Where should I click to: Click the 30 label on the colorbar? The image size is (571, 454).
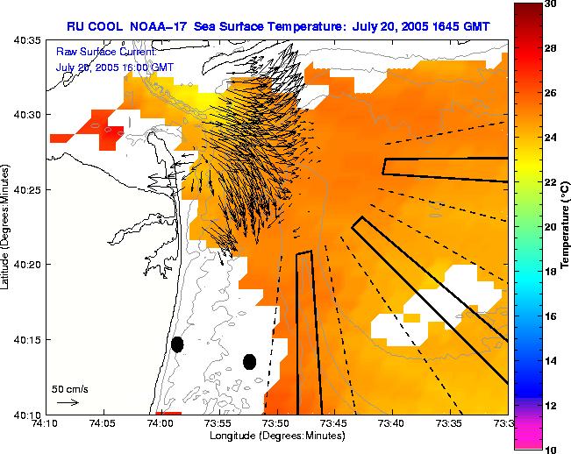coord(551,4)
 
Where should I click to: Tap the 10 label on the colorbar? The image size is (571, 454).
coord(551,450)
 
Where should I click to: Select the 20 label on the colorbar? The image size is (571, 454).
coord(551,227)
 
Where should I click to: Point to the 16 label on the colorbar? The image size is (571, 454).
coord(551,316)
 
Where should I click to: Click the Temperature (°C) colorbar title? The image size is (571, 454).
coord(567,226)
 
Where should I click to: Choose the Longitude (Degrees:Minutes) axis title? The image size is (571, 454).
coord(277,436)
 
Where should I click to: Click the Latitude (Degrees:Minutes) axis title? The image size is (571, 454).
coord(7,227)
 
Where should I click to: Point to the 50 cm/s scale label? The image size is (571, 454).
coord(69,388)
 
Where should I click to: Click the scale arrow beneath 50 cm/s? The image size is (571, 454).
coord(68,402)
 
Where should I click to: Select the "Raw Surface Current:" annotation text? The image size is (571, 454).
coord(105,53)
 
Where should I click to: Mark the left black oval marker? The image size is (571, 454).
coord(177,344)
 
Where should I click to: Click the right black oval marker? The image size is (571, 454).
coord(249,361)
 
